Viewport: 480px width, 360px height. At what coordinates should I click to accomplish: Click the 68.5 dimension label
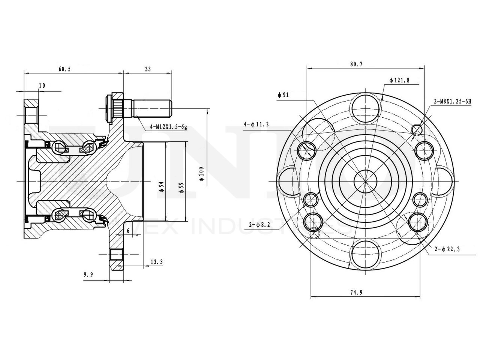click(64, 69)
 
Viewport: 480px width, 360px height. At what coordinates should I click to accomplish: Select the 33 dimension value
click(148, 69)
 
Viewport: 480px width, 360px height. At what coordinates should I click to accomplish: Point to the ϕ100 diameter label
click(201, 174)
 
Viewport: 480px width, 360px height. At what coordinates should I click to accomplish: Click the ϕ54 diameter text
click(161, 186)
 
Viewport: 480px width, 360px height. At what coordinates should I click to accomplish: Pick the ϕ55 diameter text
click(181, 187)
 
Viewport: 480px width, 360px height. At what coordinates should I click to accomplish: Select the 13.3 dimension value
click(156, 262)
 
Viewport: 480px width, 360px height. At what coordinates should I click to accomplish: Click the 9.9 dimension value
click(88, 275)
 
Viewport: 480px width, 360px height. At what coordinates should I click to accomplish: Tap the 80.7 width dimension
click(356, 64)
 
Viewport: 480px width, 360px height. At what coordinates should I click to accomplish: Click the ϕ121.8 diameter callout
click(399, 80)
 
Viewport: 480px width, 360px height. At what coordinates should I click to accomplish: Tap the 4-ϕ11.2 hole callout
click(256, 124)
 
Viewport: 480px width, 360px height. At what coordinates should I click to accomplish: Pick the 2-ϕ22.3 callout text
click(447, 249)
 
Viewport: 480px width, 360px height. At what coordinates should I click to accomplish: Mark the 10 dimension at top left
click(42, 86)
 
